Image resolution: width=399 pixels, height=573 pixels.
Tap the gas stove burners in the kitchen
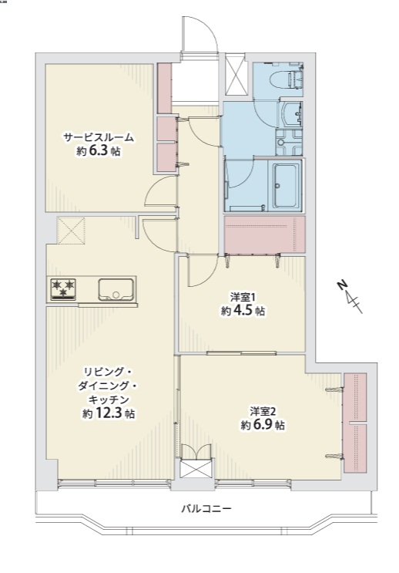63,288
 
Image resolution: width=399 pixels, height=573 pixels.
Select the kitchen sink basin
116,290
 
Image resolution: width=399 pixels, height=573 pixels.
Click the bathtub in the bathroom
287,185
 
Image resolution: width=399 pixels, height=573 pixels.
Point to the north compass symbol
350,296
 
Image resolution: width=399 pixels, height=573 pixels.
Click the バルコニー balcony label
206,508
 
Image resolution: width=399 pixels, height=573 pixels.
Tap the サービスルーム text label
99,138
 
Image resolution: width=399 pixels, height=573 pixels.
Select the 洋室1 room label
241,296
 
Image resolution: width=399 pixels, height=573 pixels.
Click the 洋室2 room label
262,412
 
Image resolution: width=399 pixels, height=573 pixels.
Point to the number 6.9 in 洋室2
265,425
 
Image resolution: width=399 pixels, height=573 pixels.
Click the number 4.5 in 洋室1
243,311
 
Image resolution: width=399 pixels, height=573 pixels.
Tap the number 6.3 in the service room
99,151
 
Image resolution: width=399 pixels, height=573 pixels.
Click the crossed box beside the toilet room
236,75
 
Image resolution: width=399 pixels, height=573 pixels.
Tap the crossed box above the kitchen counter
71,231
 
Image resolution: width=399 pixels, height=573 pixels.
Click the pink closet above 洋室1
264,234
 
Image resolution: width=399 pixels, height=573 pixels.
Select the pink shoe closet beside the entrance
164,88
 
